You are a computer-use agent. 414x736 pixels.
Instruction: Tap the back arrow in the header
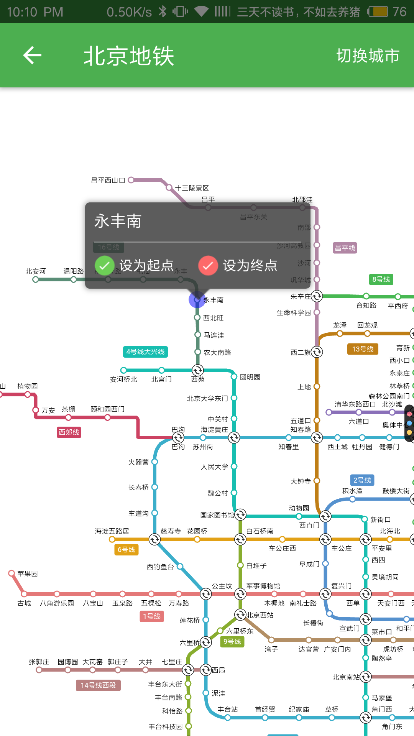pos(32,56)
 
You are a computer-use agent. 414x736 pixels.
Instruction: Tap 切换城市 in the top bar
pos(368,56)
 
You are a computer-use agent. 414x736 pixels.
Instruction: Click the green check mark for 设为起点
pos(104,265)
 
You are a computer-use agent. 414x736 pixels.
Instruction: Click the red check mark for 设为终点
pos(208,265)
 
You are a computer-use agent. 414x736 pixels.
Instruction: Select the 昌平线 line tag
pos(345,248)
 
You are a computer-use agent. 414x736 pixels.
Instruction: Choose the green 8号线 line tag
pos(381,279)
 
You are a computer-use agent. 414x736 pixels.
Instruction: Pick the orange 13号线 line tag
pos(363,349)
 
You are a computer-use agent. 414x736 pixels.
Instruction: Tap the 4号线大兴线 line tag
pos(145,352)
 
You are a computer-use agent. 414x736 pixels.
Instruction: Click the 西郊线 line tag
pos(69,432)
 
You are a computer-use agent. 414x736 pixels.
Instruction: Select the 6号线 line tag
pos(126,550)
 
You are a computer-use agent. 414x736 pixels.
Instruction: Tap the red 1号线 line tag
pos(152,616)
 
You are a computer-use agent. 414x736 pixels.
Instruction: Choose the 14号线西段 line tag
pos(98,685)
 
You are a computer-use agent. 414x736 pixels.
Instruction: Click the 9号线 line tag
pos(232,642)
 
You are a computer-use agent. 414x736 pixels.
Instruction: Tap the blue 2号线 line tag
pos(362,480)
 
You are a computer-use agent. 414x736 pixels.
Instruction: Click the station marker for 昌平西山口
pos(131,180)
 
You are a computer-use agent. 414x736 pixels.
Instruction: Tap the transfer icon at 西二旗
pos(317,352)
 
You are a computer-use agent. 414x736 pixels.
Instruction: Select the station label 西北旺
pos(213,318)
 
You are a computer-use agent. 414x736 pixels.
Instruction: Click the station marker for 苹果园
pos(11,573)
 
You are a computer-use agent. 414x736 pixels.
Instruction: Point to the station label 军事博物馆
pos(263,586)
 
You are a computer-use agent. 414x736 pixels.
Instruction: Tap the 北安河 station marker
pos(36,279)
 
